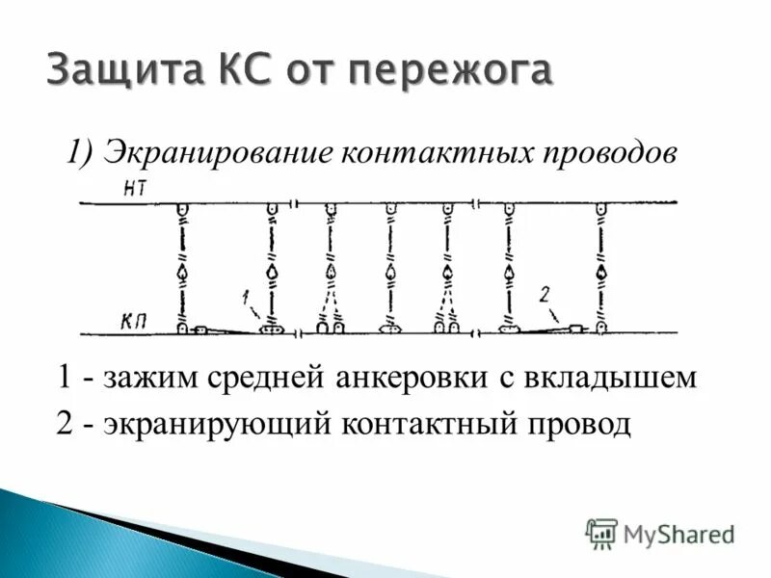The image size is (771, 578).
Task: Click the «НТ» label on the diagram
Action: pos(135,188)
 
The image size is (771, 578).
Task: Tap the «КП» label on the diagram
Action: pos(134,318)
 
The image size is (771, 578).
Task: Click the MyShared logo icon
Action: pos(601,532)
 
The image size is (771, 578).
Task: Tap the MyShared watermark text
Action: pos(678,533)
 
